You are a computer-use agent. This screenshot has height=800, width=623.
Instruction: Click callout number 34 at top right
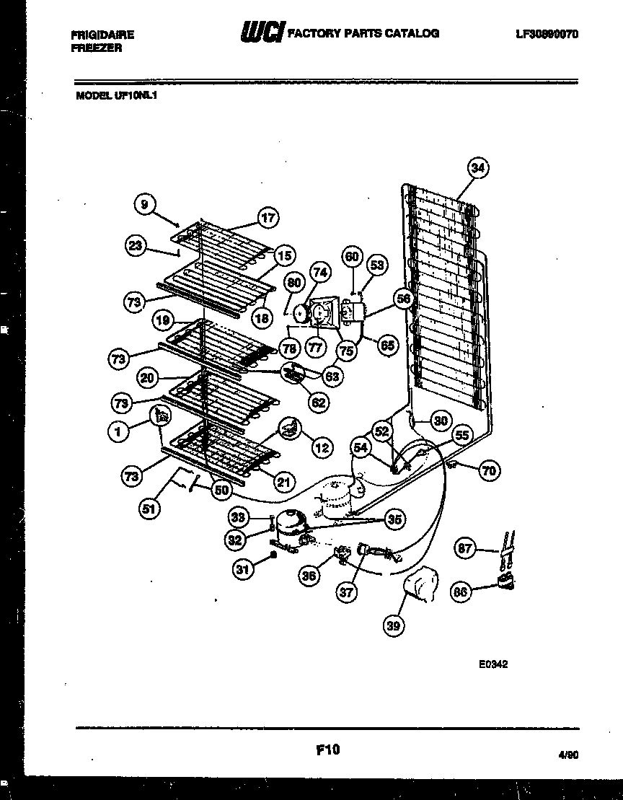(x=477, y=168)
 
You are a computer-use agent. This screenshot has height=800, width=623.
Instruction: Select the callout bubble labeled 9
(x=145, y=205)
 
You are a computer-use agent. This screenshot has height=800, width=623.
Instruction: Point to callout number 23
(x=135, y=245)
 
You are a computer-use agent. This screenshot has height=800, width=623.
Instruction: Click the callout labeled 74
(x=320, y=272)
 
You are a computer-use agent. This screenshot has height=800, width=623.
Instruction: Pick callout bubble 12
(x=322, y=448)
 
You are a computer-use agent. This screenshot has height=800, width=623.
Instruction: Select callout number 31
(x=243, y=570)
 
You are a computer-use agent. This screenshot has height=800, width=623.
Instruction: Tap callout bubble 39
(x=393, y=626)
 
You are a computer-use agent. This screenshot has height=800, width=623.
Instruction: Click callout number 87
(x=466, y=550)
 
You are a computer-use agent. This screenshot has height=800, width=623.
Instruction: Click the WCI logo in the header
(x=262, y=34)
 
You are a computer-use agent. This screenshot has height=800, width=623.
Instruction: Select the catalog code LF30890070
(x=547, y=34)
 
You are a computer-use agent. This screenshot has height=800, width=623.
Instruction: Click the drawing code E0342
(x=492, y=664)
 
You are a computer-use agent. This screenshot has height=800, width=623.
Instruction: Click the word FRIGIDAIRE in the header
(x=104, y=34)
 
